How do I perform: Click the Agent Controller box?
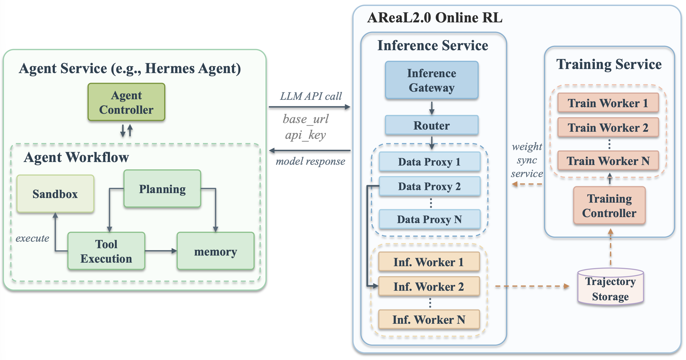(126, 102)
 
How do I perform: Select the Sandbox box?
(55, 194)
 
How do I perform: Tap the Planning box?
(162, 189)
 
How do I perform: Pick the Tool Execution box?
(106, 251)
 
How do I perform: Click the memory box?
(216, 251)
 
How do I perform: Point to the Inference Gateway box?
(432, 80)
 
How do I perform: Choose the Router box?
(432, 125)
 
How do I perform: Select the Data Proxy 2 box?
(430, 186)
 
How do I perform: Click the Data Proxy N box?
(430, 219)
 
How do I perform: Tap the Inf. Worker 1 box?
(429, 262)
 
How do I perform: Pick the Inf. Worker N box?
(429, 319)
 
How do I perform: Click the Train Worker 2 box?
(608, 127)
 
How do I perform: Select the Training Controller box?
(609, 206)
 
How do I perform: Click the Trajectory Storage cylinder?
(611, 286)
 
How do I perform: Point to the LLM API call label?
(311, 96)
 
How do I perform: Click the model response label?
(311, 161)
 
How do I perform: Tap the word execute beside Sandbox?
(32, 238)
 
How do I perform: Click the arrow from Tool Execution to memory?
(161, 251)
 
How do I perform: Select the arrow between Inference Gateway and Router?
(432, 108)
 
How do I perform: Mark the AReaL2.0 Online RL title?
(435, 18)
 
